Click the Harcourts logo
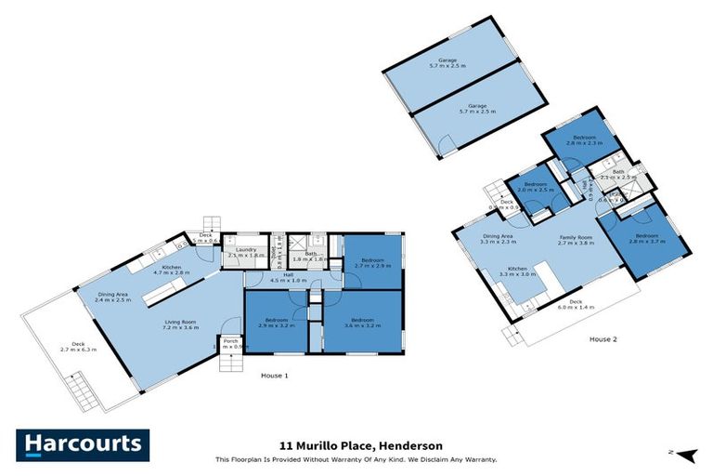(83, 444)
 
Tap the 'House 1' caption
(274, 376)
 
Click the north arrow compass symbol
(685, 454)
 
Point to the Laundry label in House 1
(246, 252)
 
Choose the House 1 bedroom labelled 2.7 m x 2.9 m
(375, 262)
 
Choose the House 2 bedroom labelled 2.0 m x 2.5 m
(536, 187)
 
